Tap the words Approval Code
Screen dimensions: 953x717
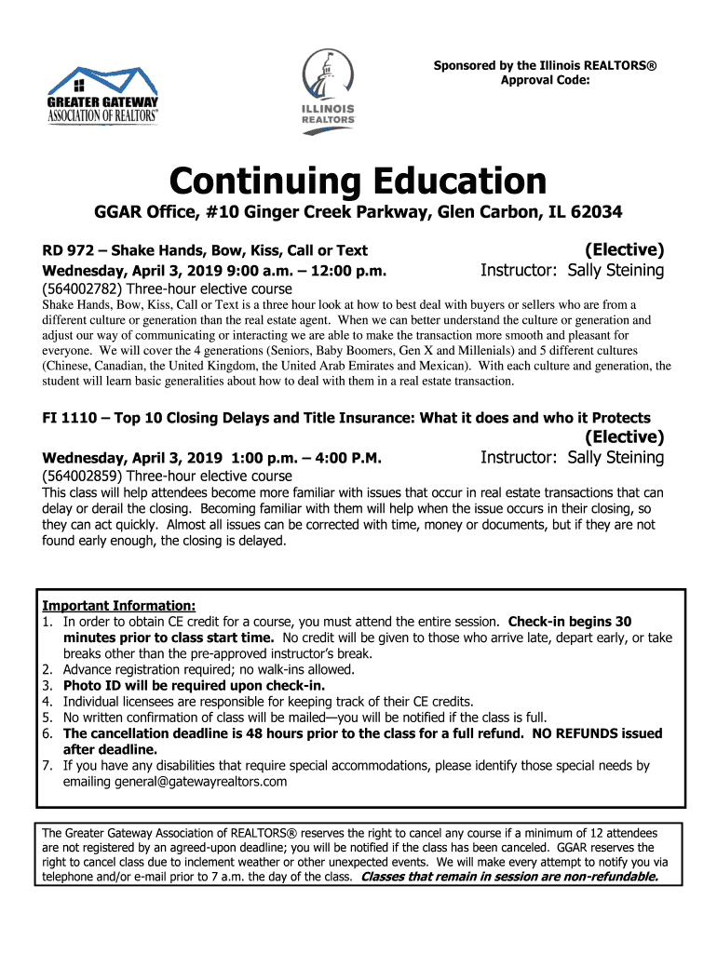(x=545, y=80)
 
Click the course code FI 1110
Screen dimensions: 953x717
(x=74, y=418)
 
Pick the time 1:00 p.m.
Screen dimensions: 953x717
(x=257, y=458)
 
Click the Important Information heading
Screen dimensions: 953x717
(x=118, y=605)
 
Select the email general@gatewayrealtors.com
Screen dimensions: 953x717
(x=175, y=782)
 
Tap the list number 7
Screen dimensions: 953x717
(x=47, y=766)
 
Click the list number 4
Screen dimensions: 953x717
(x=47, y=701)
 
